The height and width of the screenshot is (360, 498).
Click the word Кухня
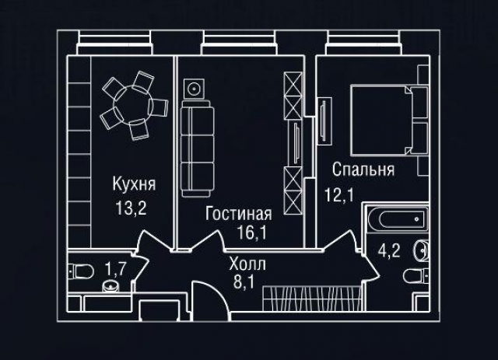(x=134, y=185)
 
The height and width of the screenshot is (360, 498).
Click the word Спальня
(x=363, y=170)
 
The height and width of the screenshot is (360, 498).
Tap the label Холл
(x=245, y=263)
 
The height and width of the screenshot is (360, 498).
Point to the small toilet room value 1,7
(x=115, y=269)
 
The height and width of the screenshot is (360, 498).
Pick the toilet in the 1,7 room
(x=82, y=271)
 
